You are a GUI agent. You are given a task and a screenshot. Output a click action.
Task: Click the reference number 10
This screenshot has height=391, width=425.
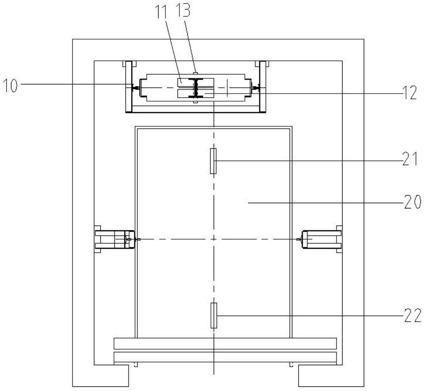point(10,85)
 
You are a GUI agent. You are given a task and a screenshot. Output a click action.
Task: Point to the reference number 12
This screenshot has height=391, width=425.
point(409,93)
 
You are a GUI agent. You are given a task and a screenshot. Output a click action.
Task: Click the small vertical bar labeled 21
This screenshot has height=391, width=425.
point(213,161)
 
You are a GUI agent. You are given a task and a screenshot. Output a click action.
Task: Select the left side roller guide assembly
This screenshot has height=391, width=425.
point(115,239)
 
